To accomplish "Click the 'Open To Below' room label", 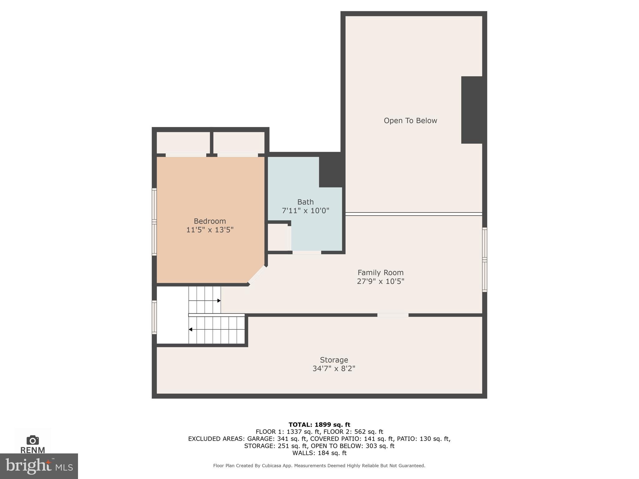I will pyautogui.click(x=410, y=121).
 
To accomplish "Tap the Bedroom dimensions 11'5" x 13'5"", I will pyautogui.click(x=210, y=230).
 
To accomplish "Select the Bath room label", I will pyautogui.click(x=305, y=202).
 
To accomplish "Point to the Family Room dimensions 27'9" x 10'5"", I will pyautogui.click(x=380, y=281).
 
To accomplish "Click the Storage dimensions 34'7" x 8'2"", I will pyautogui.click(x=334, y=369).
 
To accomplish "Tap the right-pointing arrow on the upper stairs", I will pyautogui.click(x=219, y=301).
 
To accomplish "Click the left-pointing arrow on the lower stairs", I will pyautogui.click(x=190, y=329).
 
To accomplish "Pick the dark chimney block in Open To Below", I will pyautogui.click(x=472, y=110).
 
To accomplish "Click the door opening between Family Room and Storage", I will pyautogui.click(x=393, y=315).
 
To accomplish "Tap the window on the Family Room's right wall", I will pyautogui.click(x=484, y=259).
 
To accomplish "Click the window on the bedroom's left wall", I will pyautogui.click(x=154, y=222).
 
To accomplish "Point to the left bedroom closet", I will pyautogui.click(x=183, y=143).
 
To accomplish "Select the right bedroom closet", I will pyautogui.click(x=239, y=143).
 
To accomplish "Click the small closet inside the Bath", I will pyautogui.click(x=278, y=237).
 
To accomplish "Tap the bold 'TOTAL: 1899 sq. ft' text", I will pyautogui.click(x=319, y=424).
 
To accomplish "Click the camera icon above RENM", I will pyautogui.click(x=33, y=440).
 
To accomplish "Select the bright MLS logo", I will pyautogui.click(x=39, y=466).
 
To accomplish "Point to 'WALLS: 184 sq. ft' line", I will pyautogui.click(x=319, y=453).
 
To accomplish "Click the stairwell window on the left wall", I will pyautogui.click(x=154, y=317).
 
